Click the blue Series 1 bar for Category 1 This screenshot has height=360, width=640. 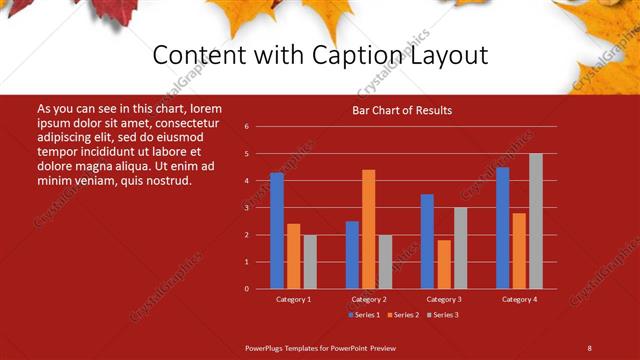(x=277, y=231)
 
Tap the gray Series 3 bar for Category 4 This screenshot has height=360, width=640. (x=536, y=221)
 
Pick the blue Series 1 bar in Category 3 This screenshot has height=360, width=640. (x=427, y=241)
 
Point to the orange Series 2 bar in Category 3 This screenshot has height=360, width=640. (x=444, y=264)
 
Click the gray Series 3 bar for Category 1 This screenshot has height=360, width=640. (x=310, y=262)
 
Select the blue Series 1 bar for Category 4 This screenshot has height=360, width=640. (x=502, y=228)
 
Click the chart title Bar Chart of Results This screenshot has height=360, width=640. (x=402, y=110)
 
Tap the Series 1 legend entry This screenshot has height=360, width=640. (x=364, y=315)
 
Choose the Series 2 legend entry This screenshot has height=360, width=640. (x=402, y=315)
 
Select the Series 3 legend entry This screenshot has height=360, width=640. (x=441, y=315)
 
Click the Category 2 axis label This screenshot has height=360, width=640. (x=369, y=299)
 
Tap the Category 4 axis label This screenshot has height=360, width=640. (x=519, y=299)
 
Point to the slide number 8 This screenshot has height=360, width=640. (x=589, y=347)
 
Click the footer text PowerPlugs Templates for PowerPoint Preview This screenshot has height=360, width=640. (x=320, y=347)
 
